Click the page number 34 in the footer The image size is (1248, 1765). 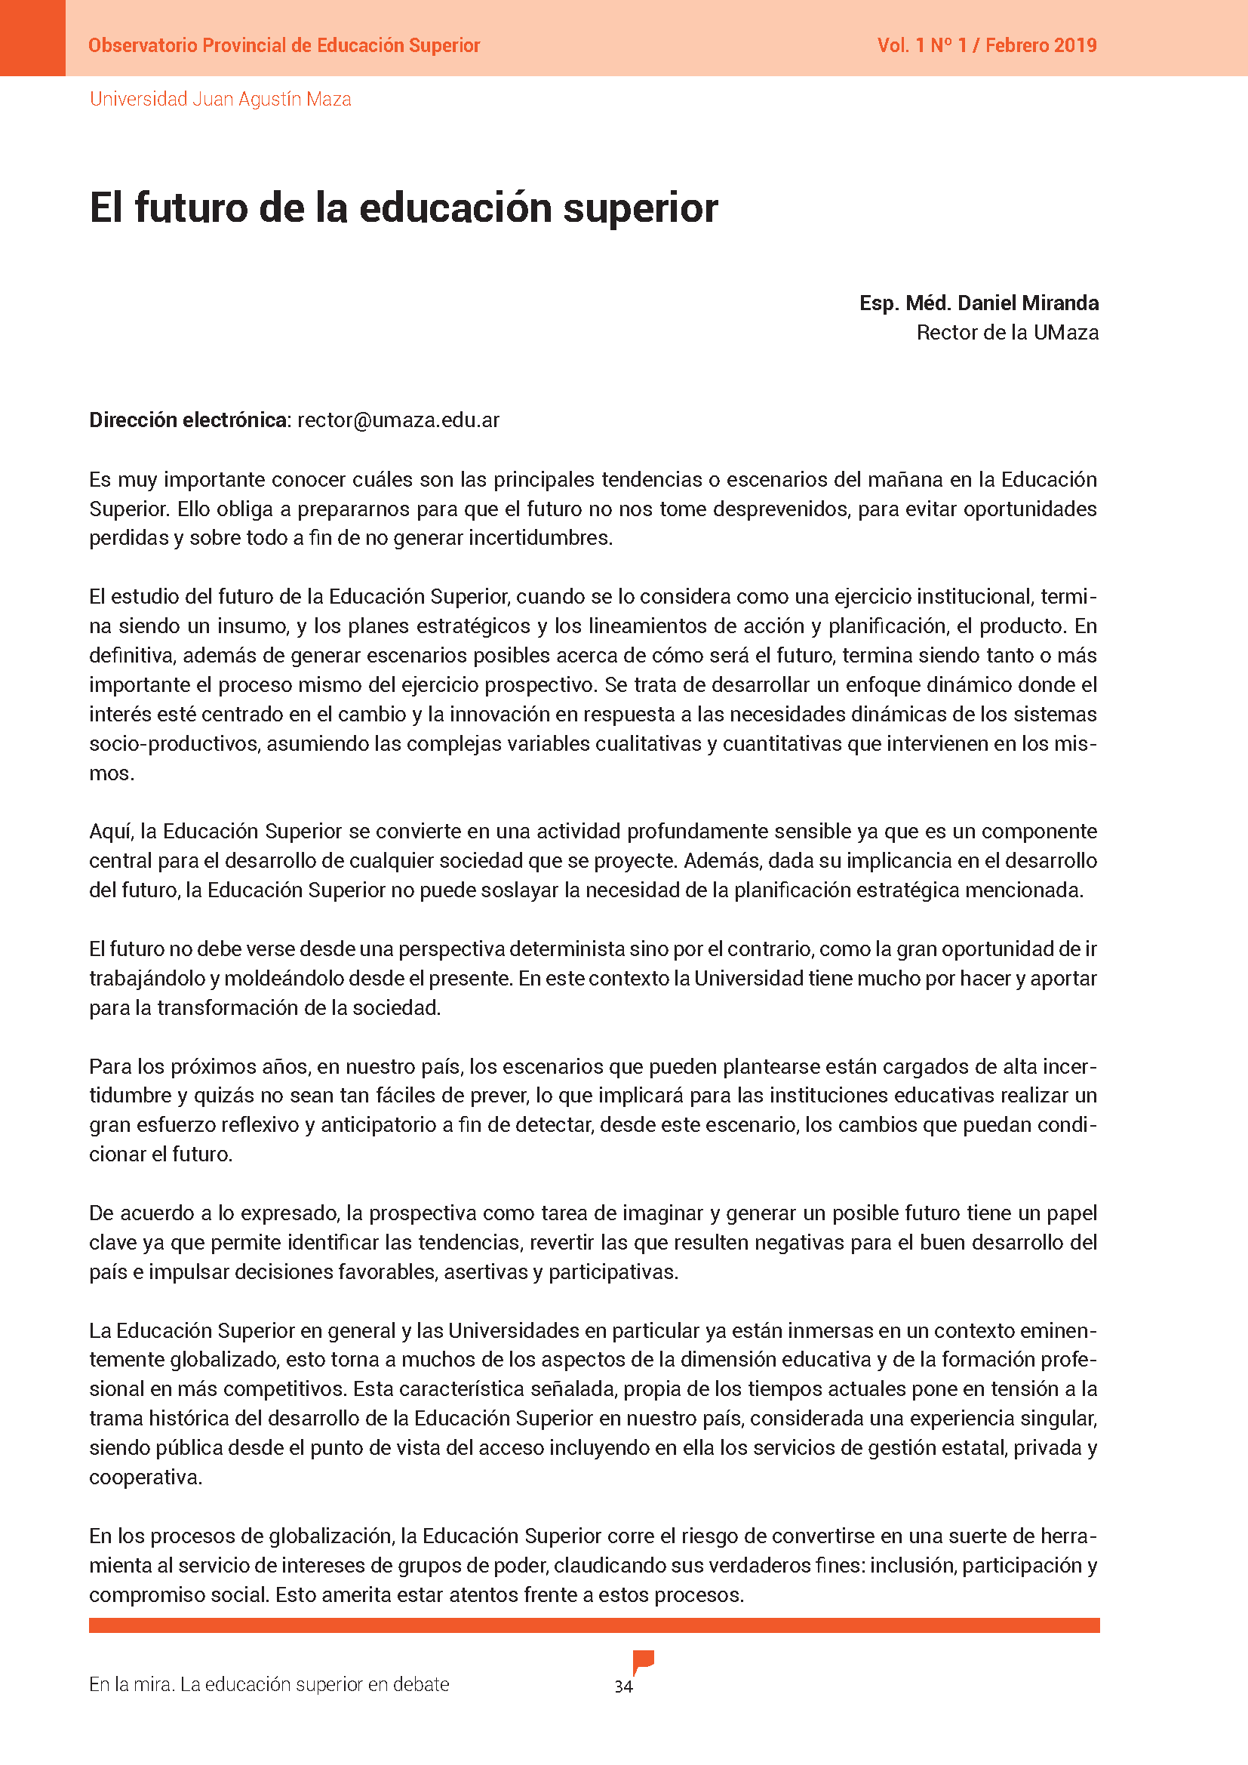[623, 1687]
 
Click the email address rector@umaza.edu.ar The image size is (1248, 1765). [398, 420]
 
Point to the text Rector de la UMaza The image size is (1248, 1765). [1007, 333]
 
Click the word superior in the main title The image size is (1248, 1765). [640, 208]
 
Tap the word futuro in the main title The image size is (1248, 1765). [191, 208]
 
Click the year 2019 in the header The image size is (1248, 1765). [1075, 45]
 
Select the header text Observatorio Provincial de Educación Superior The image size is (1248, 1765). [284, 45]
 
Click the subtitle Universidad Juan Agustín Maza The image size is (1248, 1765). [220, 99]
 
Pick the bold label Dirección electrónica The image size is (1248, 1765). [189, 420]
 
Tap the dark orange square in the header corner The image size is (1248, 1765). [32, 38]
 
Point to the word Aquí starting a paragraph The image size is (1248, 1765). [112, 832]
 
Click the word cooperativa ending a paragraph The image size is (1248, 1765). [144, 1477]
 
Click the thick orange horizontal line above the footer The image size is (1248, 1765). [594, 1625]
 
